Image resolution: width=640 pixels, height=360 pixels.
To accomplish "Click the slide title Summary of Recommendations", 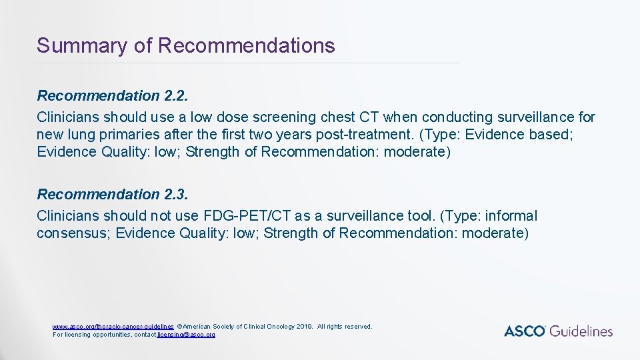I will tap(185, 45).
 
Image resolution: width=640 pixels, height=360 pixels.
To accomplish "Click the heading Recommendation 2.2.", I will tap(113, 96).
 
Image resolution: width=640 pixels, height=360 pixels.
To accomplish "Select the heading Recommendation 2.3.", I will tap(113, 195).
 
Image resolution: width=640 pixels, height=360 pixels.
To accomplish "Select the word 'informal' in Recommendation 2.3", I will tap(511, 216).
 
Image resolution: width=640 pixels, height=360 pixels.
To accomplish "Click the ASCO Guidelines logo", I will tap(558, 331).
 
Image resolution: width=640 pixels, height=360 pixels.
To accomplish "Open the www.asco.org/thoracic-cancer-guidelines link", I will tap(113, 327).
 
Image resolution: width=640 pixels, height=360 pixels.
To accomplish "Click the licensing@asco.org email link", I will tap(186, 334).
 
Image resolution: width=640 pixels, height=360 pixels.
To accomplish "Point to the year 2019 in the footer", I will tap(303, 327).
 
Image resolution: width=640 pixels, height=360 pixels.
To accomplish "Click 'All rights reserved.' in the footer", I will tap(345, 327).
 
